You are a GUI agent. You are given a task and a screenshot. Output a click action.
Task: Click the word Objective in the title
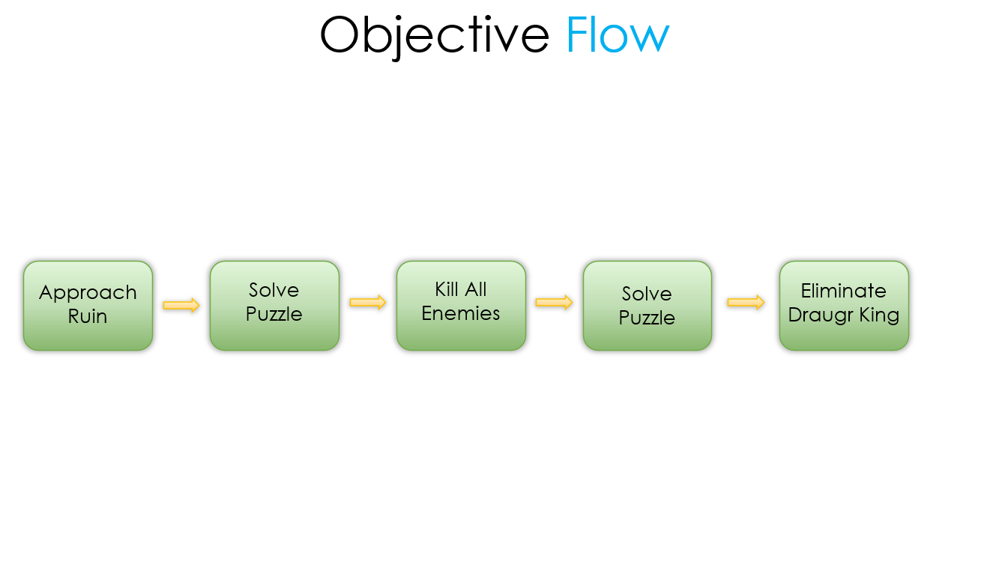coord(435,37)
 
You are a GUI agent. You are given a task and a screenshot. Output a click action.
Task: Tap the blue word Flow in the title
coord(618,34)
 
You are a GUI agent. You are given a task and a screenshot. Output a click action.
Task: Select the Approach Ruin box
coord(88,306)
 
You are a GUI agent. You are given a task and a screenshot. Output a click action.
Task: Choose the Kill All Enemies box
coord(461,306)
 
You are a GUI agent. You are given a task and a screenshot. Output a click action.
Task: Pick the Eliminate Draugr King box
coord(844,306)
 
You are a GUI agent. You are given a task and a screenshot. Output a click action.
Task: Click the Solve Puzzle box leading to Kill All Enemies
coord(275,306)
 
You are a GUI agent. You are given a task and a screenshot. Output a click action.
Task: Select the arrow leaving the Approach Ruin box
coord(181,305)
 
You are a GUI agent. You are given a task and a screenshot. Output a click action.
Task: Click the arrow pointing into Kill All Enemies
coord(368,302)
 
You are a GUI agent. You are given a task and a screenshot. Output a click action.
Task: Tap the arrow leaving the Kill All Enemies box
coord(554,302)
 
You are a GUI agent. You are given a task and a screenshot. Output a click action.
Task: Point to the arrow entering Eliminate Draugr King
coord(746,302)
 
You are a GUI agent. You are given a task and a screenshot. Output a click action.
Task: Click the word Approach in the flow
coord(88,294)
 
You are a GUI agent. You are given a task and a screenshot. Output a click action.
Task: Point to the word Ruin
coord(88,316)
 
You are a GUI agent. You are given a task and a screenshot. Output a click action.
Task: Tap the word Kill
coord(447,289)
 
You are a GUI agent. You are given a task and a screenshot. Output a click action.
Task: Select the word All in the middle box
coord(476,289)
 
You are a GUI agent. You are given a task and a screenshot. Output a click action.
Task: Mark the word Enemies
coord(461,313)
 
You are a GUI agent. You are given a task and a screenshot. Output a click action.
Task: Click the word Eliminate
coord(844,291)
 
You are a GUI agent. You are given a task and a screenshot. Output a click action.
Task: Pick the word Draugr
coord(821,315)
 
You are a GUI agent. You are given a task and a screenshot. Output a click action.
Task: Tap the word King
coord(880,315)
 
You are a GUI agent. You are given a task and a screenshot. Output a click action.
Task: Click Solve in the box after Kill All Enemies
coord(647,294)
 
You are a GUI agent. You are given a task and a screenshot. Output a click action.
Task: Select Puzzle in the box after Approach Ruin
coord(274,314)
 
